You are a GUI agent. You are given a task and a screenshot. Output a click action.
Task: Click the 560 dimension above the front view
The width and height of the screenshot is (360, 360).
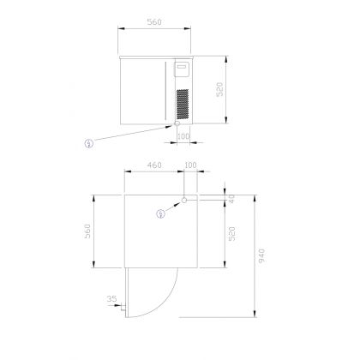[154, 22]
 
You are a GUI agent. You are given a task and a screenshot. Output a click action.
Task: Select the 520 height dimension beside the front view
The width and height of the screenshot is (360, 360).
[219, 89]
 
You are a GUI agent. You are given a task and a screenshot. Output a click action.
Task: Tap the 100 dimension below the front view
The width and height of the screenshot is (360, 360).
[183, 136]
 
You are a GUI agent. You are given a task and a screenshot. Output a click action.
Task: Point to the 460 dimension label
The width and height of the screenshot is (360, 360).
[154, 165]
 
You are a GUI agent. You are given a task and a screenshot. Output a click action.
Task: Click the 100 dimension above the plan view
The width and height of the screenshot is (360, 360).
[190, 165]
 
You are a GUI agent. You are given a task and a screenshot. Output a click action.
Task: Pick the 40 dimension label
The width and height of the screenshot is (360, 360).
[231, 199]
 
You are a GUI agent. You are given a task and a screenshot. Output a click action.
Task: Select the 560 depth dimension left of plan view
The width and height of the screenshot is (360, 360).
[87, 231]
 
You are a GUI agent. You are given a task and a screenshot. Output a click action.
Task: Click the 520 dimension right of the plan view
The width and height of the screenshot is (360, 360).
[232, 234]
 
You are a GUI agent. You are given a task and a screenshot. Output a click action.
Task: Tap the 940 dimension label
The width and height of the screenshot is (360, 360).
[261, 256]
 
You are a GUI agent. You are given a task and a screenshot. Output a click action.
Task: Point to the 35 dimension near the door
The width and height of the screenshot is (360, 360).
[111, 299]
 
